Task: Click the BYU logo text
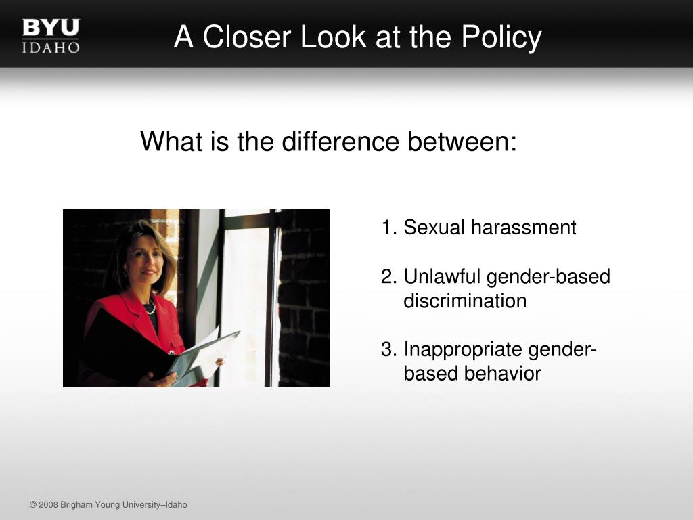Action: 51,27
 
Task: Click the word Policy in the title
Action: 501,37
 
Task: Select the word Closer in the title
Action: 249,37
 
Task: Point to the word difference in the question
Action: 340,142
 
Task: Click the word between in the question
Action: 462,142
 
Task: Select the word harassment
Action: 523,227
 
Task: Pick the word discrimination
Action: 465,301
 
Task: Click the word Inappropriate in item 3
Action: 463,349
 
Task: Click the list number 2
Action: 389,276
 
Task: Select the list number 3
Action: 389,349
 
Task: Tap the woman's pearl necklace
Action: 151,308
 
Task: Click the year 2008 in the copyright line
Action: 48,505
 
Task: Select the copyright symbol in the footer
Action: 33,505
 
